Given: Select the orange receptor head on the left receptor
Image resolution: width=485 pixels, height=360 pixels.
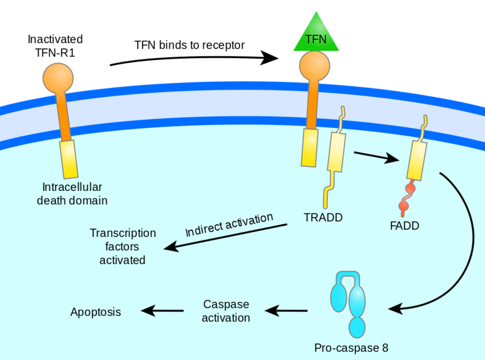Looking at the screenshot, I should (58, 78).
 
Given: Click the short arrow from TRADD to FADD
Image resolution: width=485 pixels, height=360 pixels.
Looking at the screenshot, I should (376, 156).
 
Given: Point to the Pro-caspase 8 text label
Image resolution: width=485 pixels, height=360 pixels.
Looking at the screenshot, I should (350, 348).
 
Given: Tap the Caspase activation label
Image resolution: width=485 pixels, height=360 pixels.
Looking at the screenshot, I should (226, 310).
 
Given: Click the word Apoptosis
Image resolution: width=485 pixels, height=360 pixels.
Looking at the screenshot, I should (96, 312).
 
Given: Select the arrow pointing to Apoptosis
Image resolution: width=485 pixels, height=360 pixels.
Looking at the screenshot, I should (162, 312).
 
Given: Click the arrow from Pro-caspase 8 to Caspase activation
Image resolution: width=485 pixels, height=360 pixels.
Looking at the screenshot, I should (287, 312).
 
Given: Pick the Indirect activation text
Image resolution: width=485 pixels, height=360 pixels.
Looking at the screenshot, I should (229, 225).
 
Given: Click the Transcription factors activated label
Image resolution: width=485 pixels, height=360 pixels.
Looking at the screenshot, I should (122, 246).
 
